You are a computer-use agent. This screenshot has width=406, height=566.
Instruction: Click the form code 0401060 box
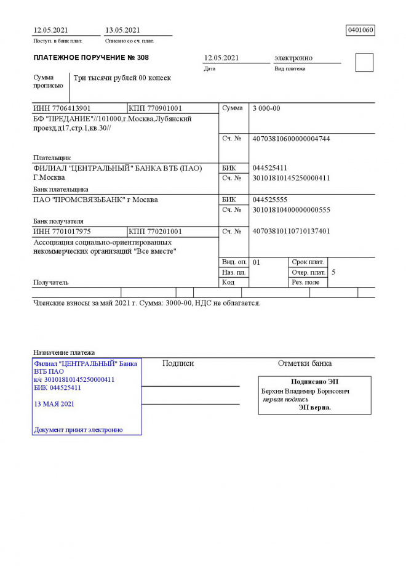coord(360,30)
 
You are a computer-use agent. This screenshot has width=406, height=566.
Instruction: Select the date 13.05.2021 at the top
coord(123,30)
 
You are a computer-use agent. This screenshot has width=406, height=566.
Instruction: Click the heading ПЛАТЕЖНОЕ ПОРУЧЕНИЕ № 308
coord(91,58)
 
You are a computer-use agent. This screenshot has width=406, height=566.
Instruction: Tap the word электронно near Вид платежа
coord(293,58)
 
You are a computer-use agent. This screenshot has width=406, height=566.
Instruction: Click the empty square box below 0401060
coord(364,63)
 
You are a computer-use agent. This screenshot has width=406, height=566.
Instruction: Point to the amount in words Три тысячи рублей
coord(122,78)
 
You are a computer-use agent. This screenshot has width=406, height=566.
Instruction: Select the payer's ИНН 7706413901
coord(62,108)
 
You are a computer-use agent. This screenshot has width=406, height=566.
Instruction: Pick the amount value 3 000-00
coord(266,108)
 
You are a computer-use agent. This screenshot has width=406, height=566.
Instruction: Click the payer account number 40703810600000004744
coord(292,139)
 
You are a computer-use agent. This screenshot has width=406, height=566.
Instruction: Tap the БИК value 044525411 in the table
coord(270,168)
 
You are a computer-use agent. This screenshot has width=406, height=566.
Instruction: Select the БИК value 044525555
coord(270,200)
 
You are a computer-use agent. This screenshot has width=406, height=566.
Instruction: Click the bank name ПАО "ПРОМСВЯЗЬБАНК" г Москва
coord(95,200)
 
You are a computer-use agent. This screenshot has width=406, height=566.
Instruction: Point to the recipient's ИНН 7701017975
coord(62,232)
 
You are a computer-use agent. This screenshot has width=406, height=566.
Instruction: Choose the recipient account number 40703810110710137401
coord(292,232)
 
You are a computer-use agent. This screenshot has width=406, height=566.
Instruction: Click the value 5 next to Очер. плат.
coord(333,272)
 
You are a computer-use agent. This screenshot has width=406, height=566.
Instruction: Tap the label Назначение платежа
coord(64,352)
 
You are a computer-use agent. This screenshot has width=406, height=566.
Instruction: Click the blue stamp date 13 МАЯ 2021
coord(54,404)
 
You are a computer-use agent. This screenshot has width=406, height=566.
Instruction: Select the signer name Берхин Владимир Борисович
coord(306,391)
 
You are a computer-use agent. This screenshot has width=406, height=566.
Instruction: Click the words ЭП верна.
coord(314,407)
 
